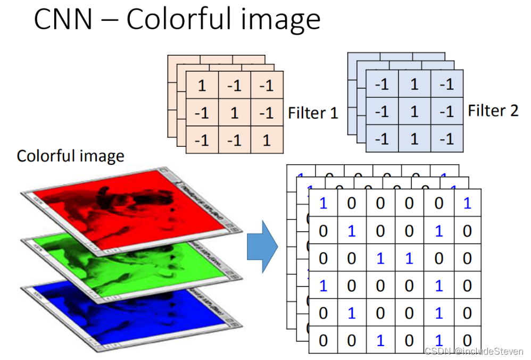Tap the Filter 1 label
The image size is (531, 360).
pyautogui.click(x=313, y=113)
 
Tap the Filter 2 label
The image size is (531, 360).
pyautogui.click(x=493, y=111)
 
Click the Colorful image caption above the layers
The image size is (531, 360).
pyautogui.click(x=70, y=156)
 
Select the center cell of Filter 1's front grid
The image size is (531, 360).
pyautogui.click(x=235, y=113)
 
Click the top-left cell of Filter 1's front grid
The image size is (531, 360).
pyautogui.click(x=202, y=85)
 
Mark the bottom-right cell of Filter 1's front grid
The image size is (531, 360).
pyautogui.click(x=267, y=140)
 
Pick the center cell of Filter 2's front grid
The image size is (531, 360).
pyautogui.click(x=414, y=111)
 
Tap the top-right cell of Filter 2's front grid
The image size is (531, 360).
pyautogui.click(x=447, y=83)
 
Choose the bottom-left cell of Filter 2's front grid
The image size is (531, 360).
pyautogui.click(x=381, y=139)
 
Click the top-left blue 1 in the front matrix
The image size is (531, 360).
pyautogui.click(x=323, y=203)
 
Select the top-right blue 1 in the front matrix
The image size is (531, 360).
pyautogui.click(x=467, y=203)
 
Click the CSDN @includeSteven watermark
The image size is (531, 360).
pyautogui.click(x=474, y=351)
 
